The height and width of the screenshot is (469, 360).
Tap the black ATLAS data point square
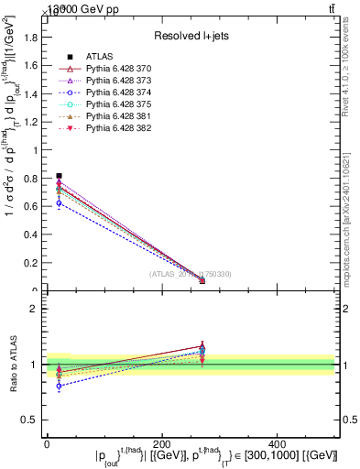click(x=60, y=175)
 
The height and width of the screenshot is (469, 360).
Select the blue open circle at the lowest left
click(x=60, y=202)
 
